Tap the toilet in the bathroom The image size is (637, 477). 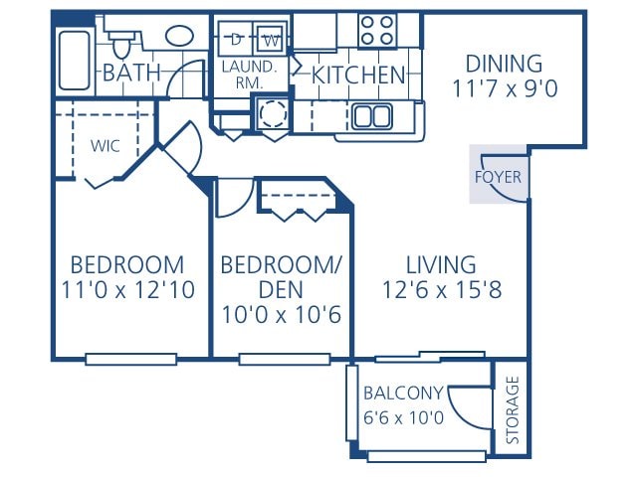click(122, 43)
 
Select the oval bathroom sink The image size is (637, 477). click(179, 37)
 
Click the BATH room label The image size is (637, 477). click(132, 73)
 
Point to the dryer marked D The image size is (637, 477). click(237, 40)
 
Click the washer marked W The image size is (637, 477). click(270, 40)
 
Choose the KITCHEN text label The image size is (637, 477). click(358, 75)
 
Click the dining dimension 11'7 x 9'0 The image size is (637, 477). click(504, 88)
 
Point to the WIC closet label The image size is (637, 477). click(106, 145)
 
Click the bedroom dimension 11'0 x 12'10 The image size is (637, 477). click(126, 290)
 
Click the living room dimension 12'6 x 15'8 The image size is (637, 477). click(440, 290)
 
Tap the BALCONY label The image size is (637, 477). click(403, 393)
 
